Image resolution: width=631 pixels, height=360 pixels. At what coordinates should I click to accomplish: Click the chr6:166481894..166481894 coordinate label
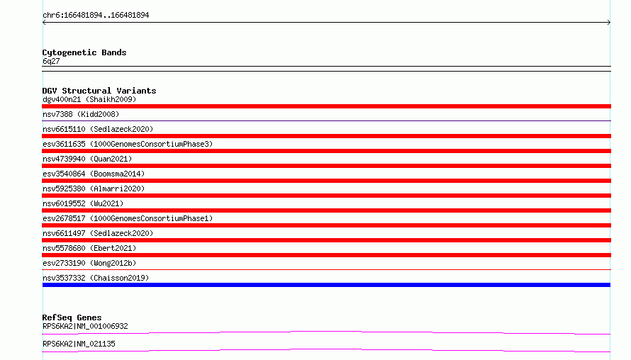coord(96,16)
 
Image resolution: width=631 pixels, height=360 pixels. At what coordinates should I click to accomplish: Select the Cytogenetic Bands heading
coord(84,52)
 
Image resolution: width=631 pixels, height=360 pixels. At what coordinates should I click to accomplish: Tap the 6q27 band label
coord(51,61)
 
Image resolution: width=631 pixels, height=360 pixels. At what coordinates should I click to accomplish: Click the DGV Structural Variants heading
coord(99,91)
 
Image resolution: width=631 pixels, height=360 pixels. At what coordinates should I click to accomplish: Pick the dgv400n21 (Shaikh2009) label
coord(89,99)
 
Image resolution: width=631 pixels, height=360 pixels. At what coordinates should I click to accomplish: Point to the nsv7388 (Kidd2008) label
coord(81,114)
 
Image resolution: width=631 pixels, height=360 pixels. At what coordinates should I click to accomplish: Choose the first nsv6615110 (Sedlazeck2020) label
coord(98,129)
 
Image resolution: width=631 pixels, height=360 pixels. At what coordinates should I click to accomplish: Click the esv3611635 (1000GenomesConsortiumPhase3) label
coord(128,144)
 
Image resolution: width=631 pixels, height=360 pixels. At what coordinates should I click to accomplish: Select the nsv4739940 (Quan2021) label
coord(87,159)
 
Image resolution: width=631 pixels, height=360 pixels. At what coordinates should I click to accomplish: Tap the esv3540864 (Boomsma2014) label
coord(94,174)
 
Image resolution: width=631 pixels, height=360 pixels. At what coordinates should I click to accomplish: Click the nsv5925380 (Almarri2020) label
coord(94,189)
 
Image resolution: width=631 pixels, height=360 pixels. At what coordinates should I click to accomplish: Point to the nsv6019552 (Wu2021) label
coord(83,203)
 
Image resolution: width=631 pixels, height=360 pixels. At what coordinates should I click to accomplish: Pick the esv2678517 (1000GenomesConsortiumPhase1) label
coord(128,218)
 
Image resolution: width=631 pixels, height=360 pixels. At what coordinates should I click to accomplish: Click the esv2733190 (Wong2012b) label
coord(89,263)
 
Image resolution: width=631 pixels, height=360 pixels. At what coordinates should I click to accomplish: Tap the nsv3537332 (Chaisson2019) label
coord(96,278)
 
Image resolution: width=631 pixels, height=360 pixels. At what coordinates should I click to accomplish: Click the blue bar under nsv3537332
coord(326,285)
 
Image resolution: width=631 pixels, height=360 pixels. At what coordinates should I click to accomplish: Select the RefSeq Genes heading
coord(72,317)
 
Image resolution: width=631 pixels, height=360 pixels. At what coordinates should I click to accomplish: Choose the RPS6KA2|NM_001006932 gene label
coord(85,326)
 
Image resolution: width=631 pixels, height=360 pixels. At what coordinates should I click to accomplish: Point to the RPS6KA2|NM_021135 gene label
coord(79,344)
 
